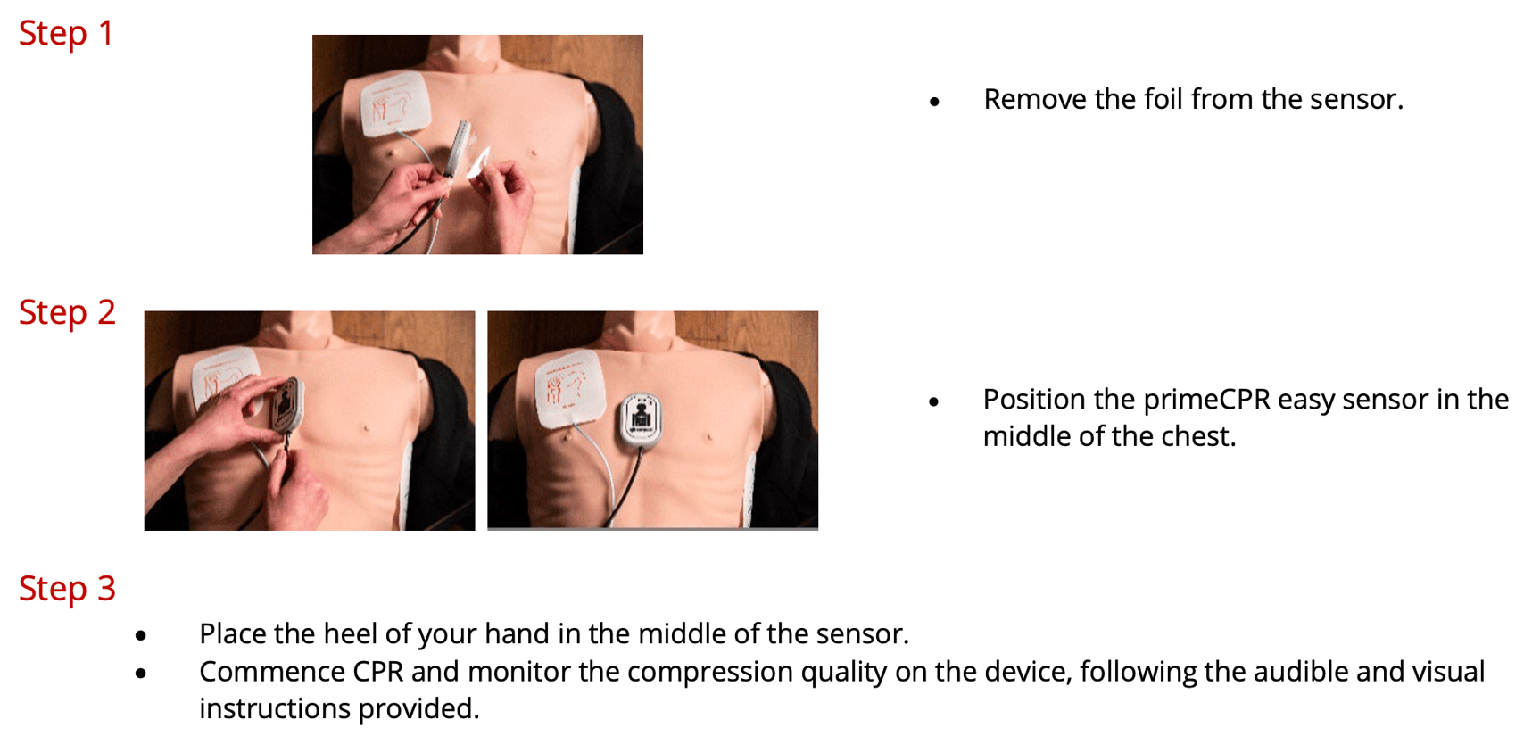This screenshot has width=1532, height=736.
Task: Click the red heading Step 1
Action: tap(66, 33)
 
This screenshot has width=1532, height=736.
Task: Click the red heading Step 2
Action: tap(67, 312)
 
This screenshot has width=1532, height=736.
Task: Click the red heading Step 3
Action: tap(67, 589)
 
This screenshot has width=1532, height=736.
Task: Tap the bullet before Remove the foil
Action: tap(934, 102)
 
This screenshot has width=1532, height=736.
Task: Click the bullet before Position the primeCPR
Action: tap(934, 402)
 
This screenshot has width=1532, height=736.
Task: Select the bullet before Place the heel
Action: tap(141, 636)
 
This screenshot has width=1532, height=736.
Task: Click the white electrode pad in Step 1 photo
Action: tap(395, 103)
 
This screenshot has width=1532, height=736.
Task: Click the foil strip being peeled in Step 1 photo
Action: tap(479, 164)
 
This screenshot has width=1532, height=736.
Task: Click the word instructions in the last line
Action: tap(276, 708)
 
